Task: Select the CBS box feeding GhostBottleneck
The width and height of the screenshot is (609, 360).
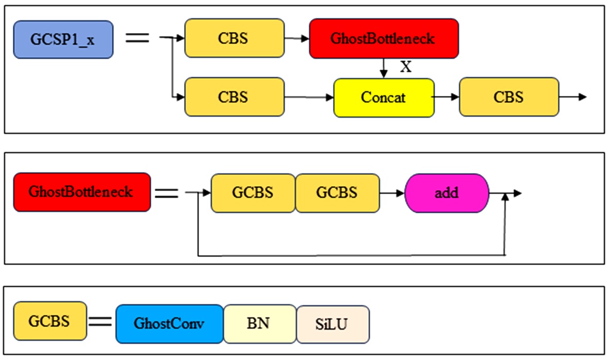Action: point(234,38)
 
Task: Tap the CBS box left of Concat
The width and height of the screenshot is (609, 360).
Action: point(234,97)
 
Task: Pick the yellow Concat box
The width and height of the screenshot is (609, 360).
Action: point(384,97)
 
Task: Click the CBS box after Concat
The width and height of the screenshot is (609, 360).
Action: point(509,96)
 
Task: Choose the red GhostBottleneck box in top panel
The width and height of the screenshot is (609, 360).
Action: point(384,38)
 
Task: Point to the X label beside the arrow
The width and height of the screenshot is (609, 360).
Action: point(406,67)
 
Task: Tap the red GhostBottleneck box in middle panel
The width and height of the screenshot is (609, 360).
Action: point(82,192)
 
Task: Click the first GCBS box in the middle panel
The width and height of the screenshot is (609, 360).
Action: point(253,193)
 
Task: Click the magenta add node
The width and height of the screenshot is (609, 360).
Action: point(447,193)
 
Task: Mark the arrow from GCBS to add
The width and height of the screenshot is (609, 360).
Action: point(392,193)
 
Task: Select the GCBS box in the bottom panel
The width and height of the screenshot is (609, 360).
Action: point(50,321)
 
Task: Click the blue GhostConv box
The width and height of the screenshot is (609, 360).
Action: point(169,324)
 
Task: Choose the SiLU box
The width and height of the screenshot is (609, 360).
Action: point(333,324)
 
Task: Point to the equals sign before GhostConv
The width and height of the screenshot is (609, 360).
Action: point(101,322)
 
